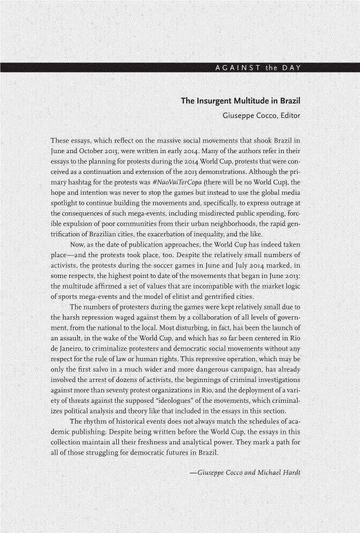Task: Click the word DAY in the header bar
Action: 291,67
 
